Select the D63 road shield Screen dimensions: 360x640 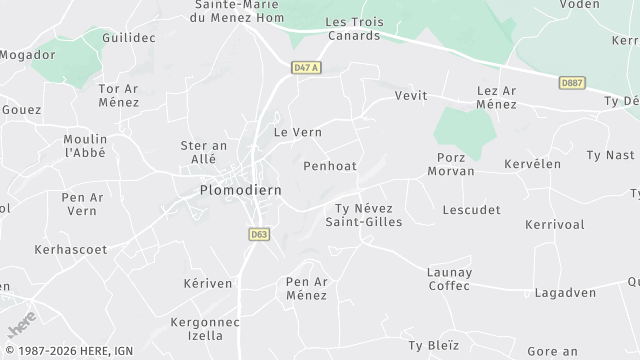(x=258, y=234)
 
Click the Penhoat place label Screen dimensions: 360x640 (x=329, y=166)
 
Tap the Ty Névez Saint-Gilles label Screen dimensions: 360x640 (x=364, y=214)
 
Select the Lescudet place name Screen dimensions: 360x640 (x=469, y=210)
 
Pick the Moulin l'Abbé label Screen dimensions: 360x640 (x=84, y=145)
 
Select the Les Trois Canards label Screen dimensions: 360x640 (x=353, y=29)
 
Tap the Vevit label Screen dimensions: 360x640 (x=410, y=95)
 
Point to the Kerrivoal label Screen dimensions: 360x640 (x=554, y=225)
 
